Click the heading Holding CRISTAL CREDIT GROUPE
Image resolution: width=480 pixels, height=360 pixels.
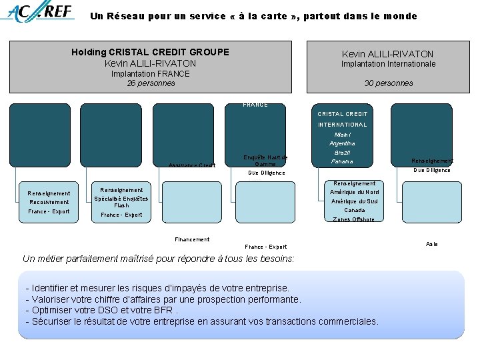coord(150,52)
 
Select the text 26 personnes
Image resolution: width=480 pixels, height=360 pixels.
coord(151,83)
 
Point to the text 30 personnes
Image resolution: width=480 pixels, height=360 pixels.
coord(388,83)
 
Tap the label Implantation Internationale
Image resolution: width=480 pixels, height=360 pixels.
coord(388,64)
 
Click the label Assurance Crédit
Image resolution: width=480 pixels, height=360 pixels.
coord(192,165)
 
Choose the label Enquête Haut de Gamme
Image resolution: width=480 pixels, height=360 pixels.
coord(265,161)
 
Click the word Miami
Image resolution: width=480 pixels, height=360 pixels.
coord(342,134)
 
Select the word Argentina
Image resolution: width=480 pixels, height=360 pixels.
coord(342,143)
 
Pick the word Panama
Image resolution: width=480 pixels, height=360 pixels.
coord(342,162)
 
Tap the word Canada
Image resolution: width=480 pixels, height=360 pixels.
coord(354,210)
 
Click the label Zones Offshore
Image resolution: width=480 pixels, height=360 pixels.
coord(354,219)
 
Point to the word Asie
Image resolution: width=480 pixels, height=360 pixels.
coord(431,244)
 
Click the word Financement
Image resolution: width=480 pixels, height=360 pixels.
coord(192,239)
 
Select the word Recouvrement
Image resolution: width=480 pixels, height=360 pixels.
coord(49,202)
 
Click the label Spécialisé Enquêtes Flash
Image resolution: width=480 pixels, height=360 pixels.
coord(121,202)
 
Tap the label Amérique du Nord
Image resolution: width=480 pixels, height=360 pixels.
coord(354,192)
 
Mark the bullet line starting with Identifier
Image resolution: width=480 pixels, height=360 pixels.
coord(157,288)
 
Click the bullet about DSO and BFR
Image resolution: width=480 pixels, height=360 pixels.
coord(101,310)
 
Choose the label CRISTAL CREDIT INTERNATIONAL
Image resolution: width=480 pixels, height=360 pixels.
coord(342,119)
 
